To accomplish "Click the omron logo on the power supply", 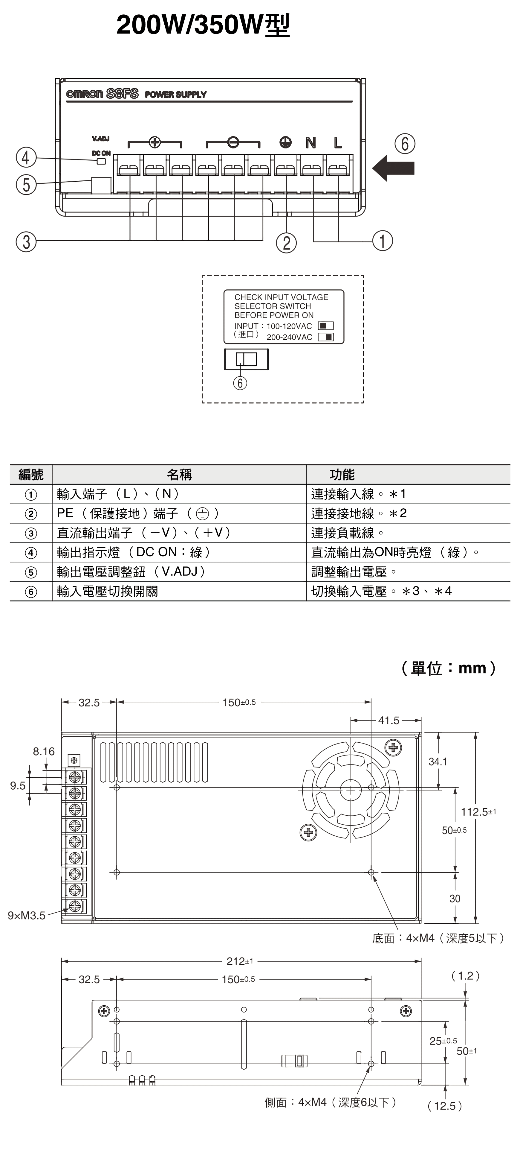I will pos(84,94).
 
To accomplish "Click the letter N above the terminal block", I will pos(311,143).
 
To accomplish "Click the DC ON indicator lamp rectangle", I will pos(101,161).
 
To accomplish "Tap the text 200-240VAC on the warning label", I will pos(289,337).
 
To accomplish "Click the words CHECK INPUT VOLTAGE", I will pos(281,297).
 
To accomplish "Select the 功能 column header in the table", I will pos(342,475).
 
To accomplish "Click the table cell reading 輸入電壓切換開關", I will pos(107,592).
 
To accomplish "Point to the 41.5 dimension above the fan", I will pos(389,720).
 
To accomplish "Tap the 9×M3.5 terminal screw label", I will pos(26,916).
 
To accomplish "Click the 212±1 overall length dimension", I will pos(240,961).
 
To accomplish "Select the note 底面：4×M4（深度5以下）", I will pos(438,938).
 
